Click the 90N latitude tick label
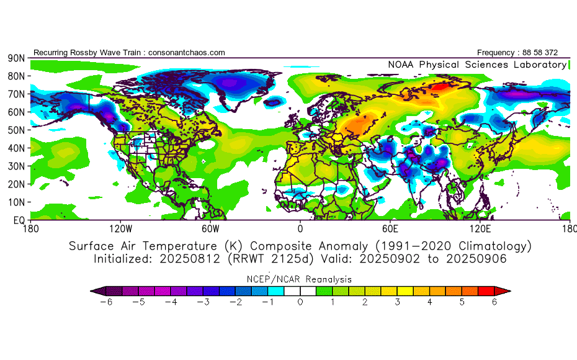[16, 58]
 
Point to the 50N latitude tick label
[16, 130]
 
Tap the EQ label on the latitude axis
[19, 220]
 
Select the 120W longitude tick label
[120, 229]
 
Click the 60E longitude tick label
[390, 229]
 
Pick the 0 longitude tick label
[300, 229]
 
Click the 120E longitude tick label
[480, 229]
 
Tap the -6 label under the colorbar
[106, 302]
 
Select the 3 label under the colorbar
[398, 302]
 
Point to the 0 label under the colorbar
[300, 302]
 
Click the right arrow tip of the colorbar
[511, 291]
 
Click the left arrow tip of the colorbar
[91, 291]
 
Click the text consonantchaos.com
[187, 53]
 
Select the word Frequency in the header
[496, 53]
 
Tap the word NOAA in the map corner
[401, 65]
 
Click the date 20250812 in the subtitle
[190, 259]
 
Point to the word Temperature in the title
[180, 246]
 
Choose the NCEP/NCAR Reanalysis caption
[299, 279]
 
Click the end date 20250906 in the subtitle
[476, 259]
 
